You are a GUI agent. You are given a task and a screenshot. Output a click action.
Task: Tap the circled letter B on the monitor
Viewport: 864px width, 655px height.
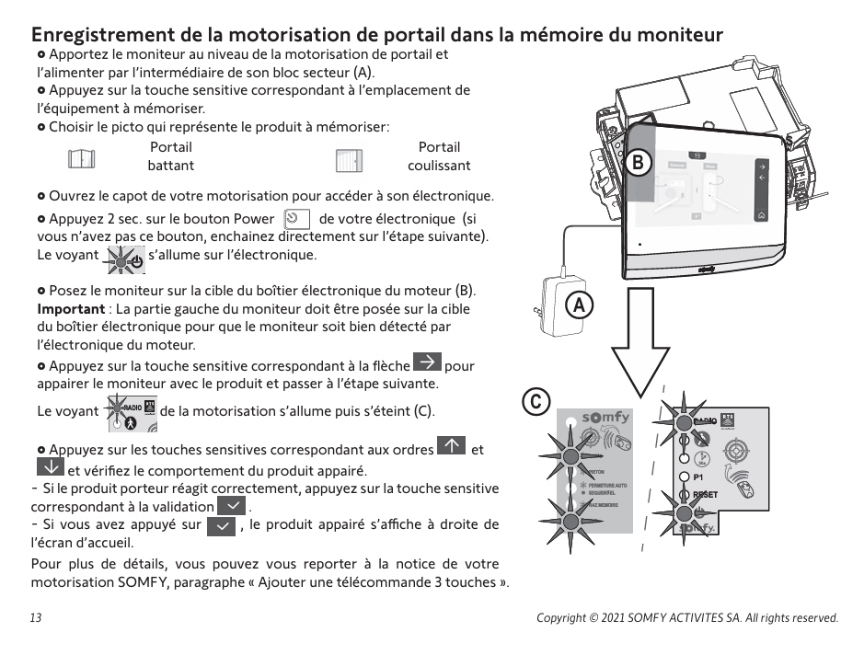click(x=636, y=163)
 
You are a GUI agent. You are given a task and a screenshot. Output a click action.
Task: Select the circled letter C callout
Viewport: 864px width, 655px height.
click(x=536, y=401)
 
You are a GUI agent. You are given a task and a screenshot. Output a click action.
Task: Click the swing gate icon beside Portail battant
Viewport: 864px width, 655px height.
click(x=81, y=158)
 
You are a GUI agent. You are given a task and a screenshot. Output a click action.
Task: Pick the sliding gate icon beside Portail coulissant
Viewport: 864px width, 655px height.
click(x=350, y=159)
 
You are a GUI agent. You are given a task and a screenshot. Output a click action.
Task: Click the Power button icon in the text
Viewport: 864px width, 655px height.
click(x=294, y=219)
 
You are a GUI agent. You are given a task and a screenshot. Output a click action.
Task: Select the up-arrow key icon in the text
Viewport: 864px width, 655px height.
click(x=452, y=447)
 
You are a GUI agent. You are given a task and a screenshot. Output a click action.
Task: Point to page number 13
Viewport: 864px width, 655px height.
click(x=36, y=618)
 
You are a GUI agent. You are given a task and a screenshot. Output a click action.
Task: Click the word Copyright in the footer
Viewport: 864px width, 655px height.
click(x=564, y=618)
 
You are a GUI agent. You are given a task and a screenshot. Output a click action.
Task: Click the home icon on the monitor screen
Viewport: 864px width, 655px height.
click(x=761, y=214)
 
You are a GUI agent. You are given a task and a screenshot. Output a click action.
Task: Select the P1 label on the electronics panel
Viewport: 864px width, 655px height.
click(x=698, y=478)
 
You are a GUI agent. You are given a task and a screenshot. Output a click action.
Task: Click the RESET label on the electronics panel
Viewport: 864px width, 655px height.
click(x=705, y=495)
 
